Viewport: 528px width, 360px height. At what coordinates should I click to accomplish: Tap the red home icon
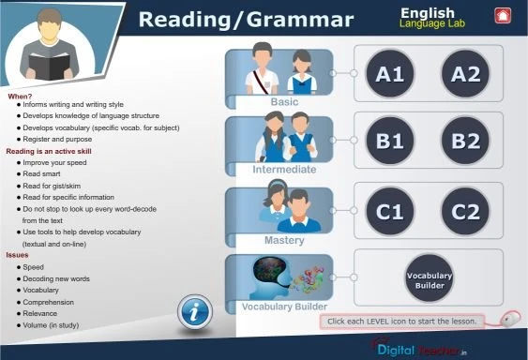pyautogui.click(x=502, y=15)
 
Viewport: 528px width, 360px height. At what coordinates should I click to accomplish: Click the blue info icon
pyautogui.click(x=194, y=312)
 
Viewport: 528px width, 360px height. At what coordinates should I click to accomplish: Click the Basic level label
pyautogui.click(x=284, y=101)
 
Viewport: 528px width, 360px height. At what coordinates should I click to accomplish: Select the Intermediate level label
pyautogui.click(x=284, y=170)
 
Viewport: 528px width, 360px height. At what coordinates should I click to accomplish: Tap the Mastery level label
pyautogui.click(x=284, y=239)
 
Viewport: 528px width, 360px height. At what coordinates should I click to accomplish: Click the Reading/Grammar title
pyautogui.click(x=247, y=20)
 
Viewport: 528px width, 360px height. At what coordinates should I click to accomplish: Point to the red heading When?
pyautogui.click(x=20, y=97)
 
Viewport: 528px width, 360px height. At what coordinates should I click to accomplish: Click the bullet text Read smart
pyautogui.click(x=42, y=172)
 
